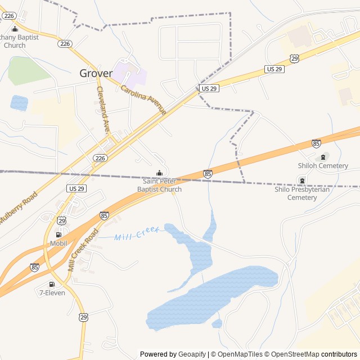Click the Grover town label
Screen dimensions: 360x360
click(x=96, y=73)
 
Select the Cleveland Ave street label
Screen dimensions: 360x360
click(x=103, y=110)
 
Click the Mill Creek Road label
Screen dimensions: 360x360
click(x=83, y=250)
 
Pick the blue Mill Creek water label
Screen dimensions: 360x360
click(x=137, y=233)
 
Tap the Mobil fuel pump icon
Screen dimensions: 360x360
click(x=58, y=235)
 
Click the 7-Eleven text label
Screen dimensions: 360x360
click(x=52, y=292)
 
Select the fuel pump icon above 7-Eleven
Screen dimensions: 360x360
click(x=52, y=284)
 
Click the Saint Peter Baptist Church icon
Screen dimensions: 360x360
click(x=159, y=173)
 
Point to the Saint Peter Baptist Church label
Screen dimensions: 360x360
click(x=162, y=185)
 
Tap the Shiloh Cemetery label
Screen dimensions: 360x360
click(x=323, y=165)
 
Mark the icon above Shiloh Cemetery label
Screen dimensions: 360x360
click(x=323, y=157)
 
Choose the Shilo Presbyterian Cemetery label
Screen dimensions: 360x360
click(x=303, y=193)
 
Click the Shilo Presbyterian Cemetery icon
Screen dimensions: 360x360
click(x=303, y=181)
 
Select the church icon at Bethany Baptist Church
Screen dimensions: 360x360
click(x=15, y=29)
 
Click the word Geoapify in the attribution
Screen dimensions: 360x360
click(x=192, y=354)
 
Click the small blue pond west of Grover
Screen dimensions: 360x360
click(x=19, y=102)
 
